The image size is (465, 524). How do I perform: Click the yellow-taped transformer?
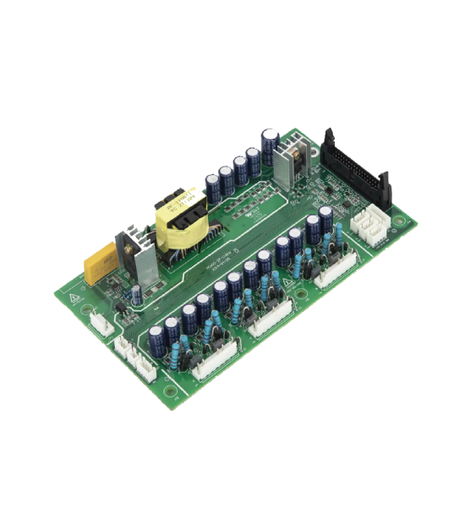[x=180, y=224]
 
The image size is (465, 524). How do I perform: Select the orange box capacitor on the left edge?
[x=100, y=264]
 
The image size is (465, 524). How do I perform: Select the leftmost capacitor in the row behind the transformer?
[x=214, y=188]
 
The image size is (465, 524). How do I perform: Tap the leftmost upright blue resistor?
[x=174, y=357]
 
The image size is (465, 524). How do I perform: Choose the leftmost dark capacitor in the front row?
[x=157, y=342]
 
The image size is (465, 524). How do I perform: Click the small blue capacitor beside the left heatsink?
[x=135, y=297]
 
